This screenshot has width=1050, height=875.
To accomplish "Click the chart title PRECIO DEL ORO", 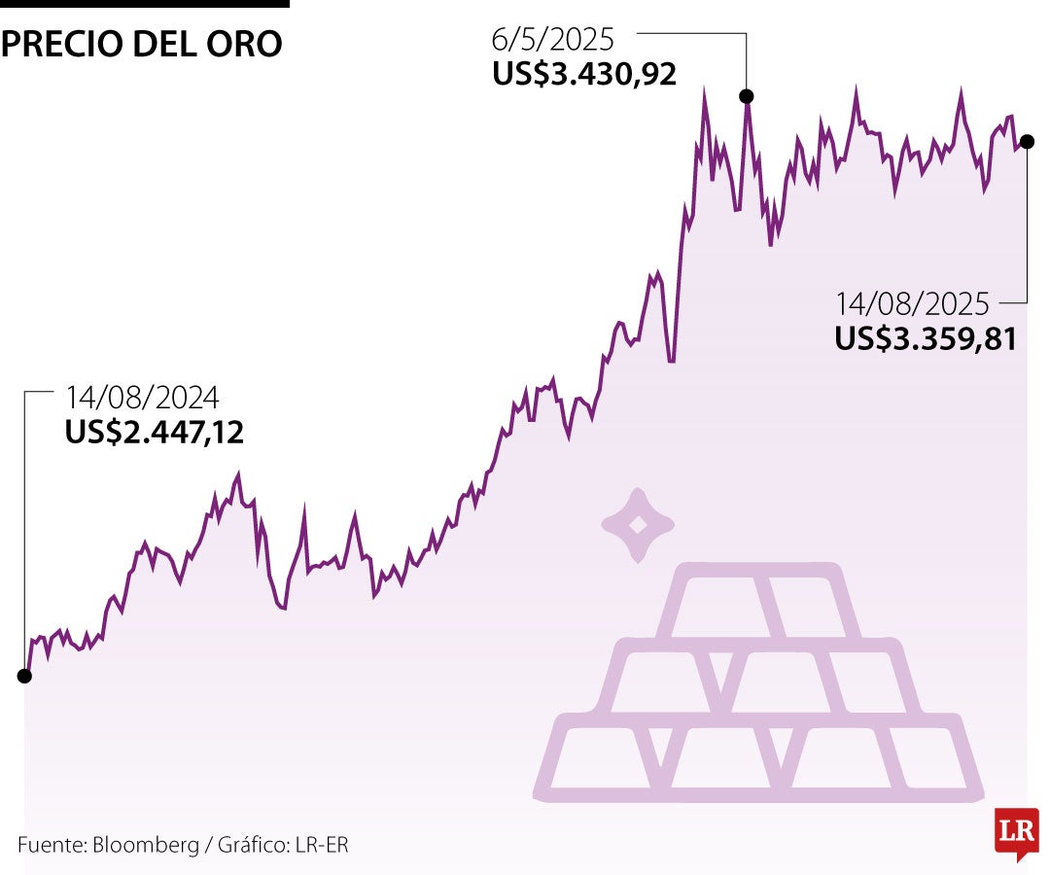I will coord(142,45).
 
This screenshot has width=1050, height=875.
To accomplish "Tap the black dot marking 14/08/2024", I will coord(24,676).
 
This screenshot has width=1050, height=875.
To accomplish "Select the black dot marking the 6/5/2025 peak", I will coord(747,95).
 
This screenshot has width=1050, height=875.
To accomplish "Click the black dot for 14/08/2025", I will coord(1028,141).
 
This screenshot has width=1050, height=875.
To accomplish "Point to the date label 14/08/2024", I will coord(142,398).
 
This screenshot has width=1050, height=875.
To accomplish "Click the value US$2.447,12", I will coord(155,433).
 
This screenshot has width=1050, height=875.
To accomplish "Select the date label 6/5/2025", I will coord(553,40).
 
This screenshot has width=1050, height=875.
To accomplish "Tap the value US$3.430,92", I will coord(583,75).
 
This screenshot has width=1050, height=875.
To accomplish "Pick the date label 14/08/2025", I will coord(911,304).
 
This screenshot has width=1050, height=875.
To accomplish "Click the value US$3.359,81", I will coord(925,338).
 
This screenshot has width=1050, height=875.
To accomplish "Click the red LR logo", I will coord(1016,832).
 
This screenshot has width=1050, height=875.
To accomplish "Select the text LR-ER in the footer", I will coord(322,845).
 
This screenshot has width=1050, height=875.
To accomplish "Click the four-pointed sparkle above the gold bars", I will coord(638,525).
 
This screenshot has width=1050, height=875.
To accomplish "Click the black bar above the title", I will coord(144,4).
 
